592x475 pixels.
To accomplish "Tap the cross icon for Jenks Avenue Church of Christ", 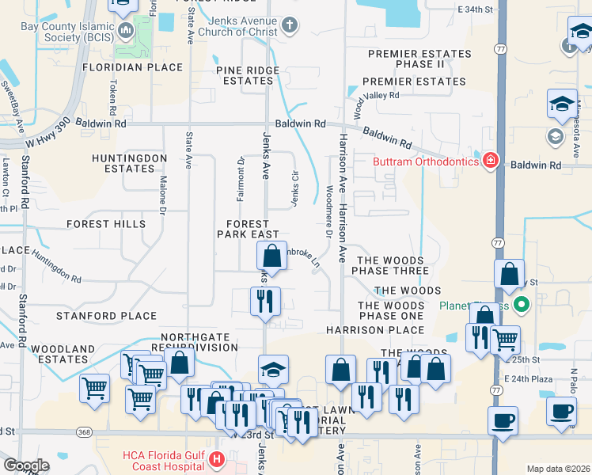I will (x=289, y=25).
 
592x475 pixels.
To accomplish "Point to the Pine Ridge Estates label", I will (x=249, y=75).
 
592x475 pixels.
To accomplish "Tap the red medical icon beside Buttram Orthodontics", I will (x=491, y=161).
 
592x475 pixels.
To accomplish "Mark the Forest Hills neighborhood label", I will (x=106, y=224).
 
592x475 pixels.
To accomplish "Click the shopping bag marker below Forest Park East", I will (x=271, y=256).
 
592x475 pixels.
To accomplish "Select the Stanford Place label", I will (x=107, y=316).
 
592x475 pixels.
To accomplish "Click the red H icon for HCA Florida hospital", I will (x=215, y=458).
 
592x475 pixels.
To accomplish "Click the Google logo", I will (x=26, y=465).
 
